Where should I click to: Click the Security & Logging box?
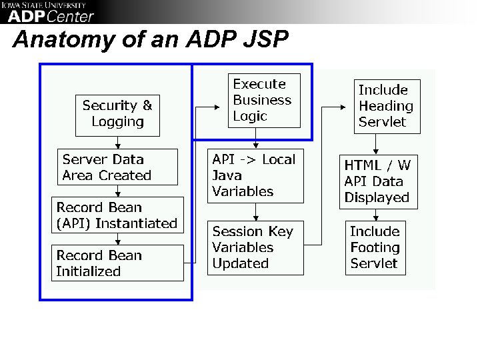[x=117, y=114]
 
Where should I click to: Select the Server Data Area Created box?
[x=118, y=167]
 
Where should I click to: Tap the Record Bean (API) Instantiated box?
[x=117, y=215]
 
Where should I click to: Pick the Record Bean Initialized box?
[x=117, y=263]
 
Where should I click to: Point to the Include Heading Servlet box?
[x=386, y=105]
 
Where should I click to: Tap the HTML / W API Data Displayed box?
[x=378, y=181]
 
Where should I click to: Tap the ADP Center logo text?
[x=51, y=16]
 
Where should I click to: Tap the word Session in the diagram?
[x=229, y=231]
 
